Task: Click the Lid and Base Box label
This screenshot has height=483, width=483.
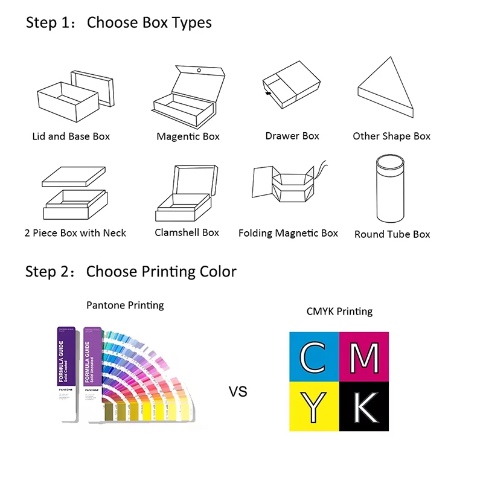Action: pos(71,136)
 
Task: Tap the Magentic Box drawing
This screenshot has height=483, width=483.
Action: pos(188,97)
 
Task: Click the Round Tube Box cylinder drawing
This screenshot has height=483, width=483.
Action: pos(391,190)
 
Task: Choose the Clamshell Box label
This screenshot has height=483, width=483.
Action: pos(187,232)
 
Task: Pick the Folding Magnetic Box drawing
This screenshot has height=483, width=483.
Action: pos(287,187)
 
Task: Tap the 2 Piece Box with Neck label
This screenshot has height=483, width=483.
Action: pos(75,233)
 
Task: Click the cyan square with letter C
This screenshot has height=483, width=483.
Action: pos(314,357)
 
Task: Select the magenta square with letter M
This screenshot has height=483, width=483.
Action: pos(364,357)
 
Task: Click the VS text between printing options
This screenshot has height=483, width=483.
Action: pos(238,392)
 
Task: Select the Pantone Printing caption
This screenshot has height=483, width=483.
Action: pos(125,305)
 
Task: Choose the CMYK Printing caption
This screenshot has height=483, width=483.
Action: pos(339,312)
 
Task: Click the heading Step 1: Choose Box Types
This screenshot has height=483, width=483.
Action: pos(118,24)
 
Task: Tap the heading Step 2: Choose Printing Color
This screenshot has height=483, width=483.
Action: pos(130,272)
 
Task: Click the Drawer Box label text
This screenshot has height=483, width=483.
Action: pos(292,136)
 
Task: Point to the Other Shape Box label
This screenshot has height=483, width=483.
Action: pos(392,136)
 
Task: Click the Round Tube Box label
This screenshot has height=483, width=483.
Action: pos(392,234)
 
